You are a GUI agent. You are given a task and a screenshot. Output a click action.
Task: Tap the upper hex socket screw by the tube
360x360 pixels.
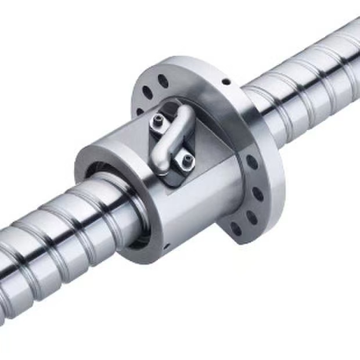tap(159, 121)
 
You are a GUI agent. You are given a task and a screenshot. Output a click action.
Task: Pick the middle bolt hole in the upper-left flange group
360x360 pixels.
tap(147, 92)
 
